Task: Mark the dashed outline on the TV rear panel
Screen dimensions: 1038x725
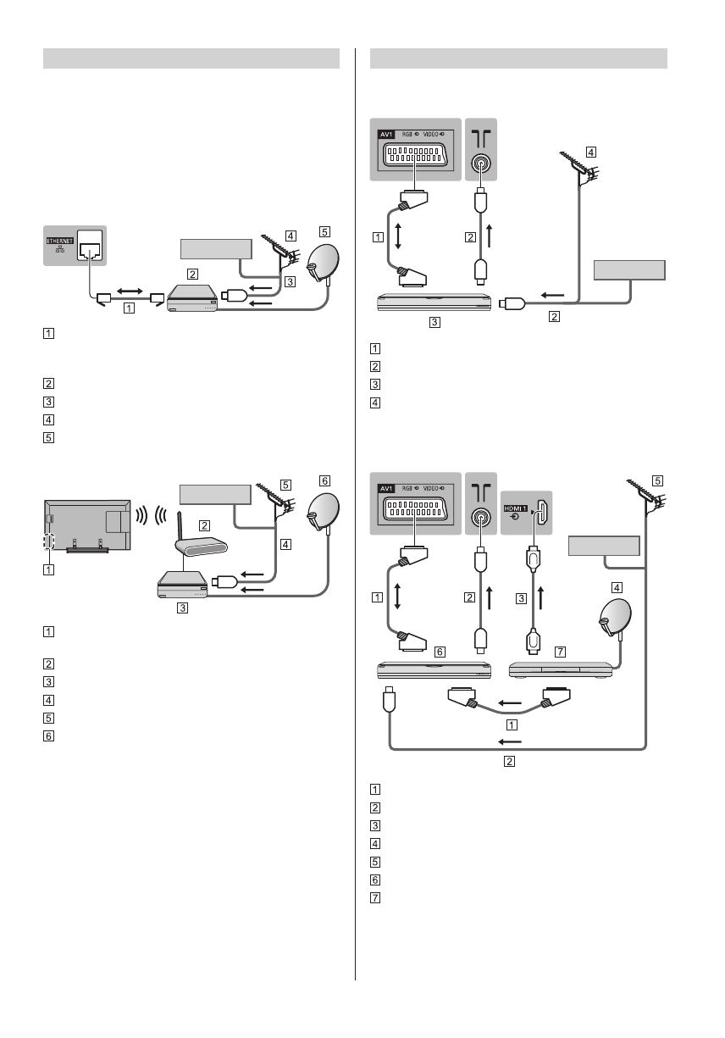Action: (48, 543)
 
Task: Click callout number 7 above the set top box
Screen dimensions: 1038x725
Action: (536, 651)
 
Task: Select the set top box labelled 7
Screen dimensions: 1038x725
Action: (561, 669)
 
